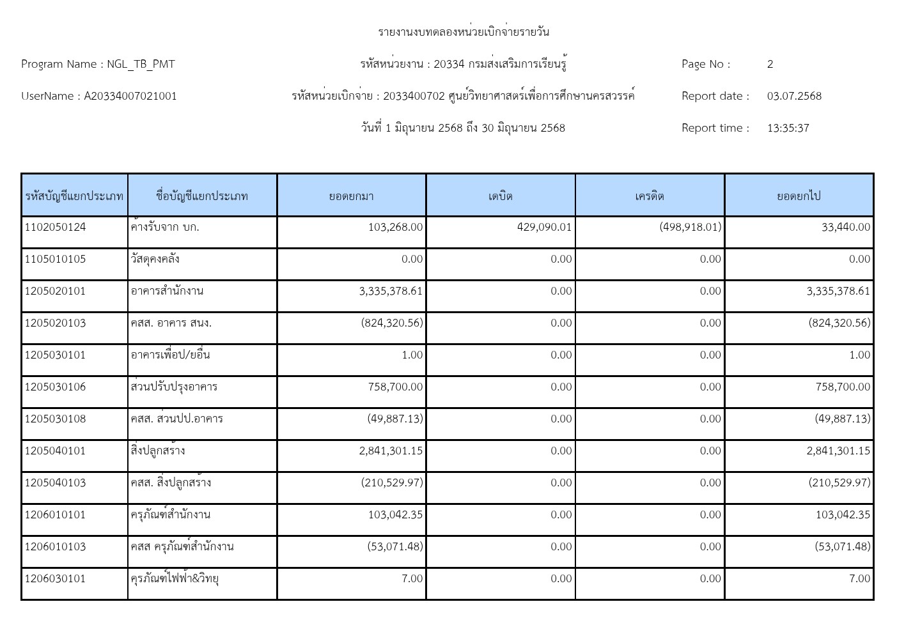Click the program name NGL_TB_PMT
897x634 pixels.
141,64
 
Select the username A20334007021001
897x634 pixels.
130,96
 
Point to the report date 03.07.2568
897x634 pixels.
794,96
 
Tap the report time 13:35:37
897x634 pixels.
788,128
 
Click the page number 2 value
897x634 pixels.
770,64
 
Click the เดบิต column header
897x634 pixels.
501,196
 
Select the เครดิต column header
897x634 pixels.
650,196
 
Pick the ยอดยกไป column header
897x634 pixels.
799,196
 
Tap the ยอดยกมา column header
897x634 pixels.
351,196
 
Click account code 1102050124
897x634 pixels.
56,227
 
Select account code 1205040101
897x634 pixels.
56,451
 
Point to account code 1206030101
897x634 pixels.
56,578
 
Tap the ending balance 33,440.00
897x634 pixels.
845,227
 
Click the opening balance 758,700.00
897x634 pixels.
395,387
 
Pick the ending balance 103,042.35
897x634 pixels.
842,514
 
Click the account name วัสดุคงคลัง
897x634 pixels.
155,259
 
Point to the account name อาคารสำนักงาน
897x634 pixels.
167,291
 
